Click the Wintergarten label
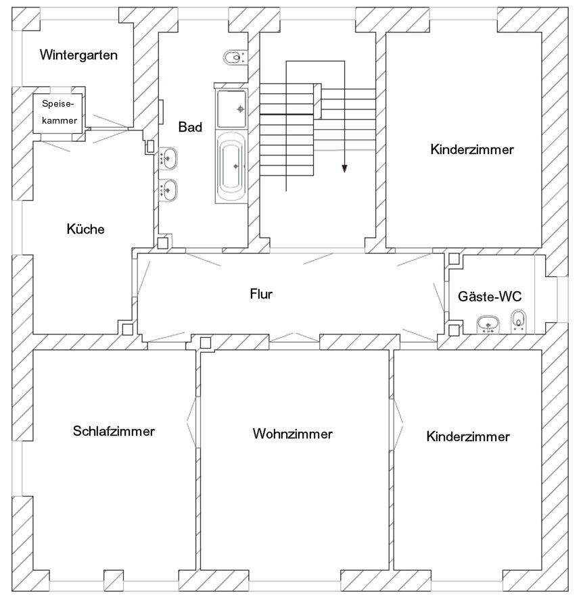(78, 55)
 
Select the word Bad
(190, 127)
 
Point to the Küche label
(86, 229)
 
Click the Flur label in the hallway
(261, 294)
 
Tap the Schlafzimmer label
(114, 431)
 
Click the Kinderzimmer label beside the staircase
(471, 149)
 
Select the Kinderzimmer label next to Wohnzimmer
(468, 436)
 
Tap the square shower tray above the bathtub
(234, 109)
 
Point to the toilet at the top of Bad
(234, 58)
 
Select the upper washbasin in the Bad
(168, 159)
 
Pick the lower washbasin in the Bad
(168, 190)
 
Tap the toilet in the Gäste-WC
(519, 320)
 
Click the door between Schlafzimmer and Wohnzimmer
(195, 421)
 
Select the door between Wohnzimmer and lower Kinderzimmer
(396, 421)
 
